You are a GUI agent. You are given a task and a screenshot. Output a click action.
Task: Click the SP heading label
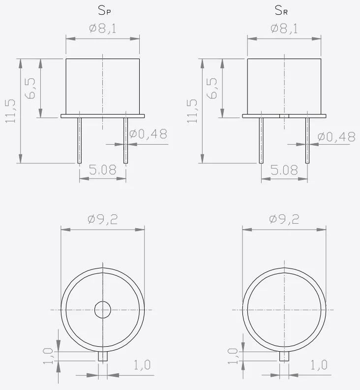pos(104,10)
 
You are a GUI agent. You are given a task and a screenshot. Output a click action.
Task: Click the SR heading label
pos(281,10)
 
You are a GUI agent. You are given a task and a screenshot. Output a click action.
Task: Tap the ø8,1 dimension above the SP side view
pos(102,29)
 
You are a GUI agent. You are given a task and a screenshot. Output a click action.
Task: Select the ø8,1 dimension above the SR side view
pos(284,29)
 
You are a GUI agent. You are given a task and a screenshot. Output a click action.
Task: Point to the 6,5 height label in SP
pos(31,89)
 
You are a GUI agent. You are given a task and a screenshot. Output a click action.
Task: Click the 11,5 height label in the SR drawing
pos(192,111)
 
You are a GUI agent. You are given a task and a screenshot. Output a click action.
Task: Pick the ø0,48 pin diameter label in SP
pos(149,134)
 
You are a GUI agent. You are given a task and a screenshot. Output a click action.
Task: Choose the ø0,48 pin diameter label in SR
pos(336,137)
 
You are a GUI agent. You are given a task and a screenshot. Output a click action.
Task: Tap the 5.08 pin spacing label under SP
pos(102,170)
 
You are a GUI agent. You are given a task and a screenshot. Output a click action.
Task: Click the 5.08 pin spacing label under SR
pos(284,170)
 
